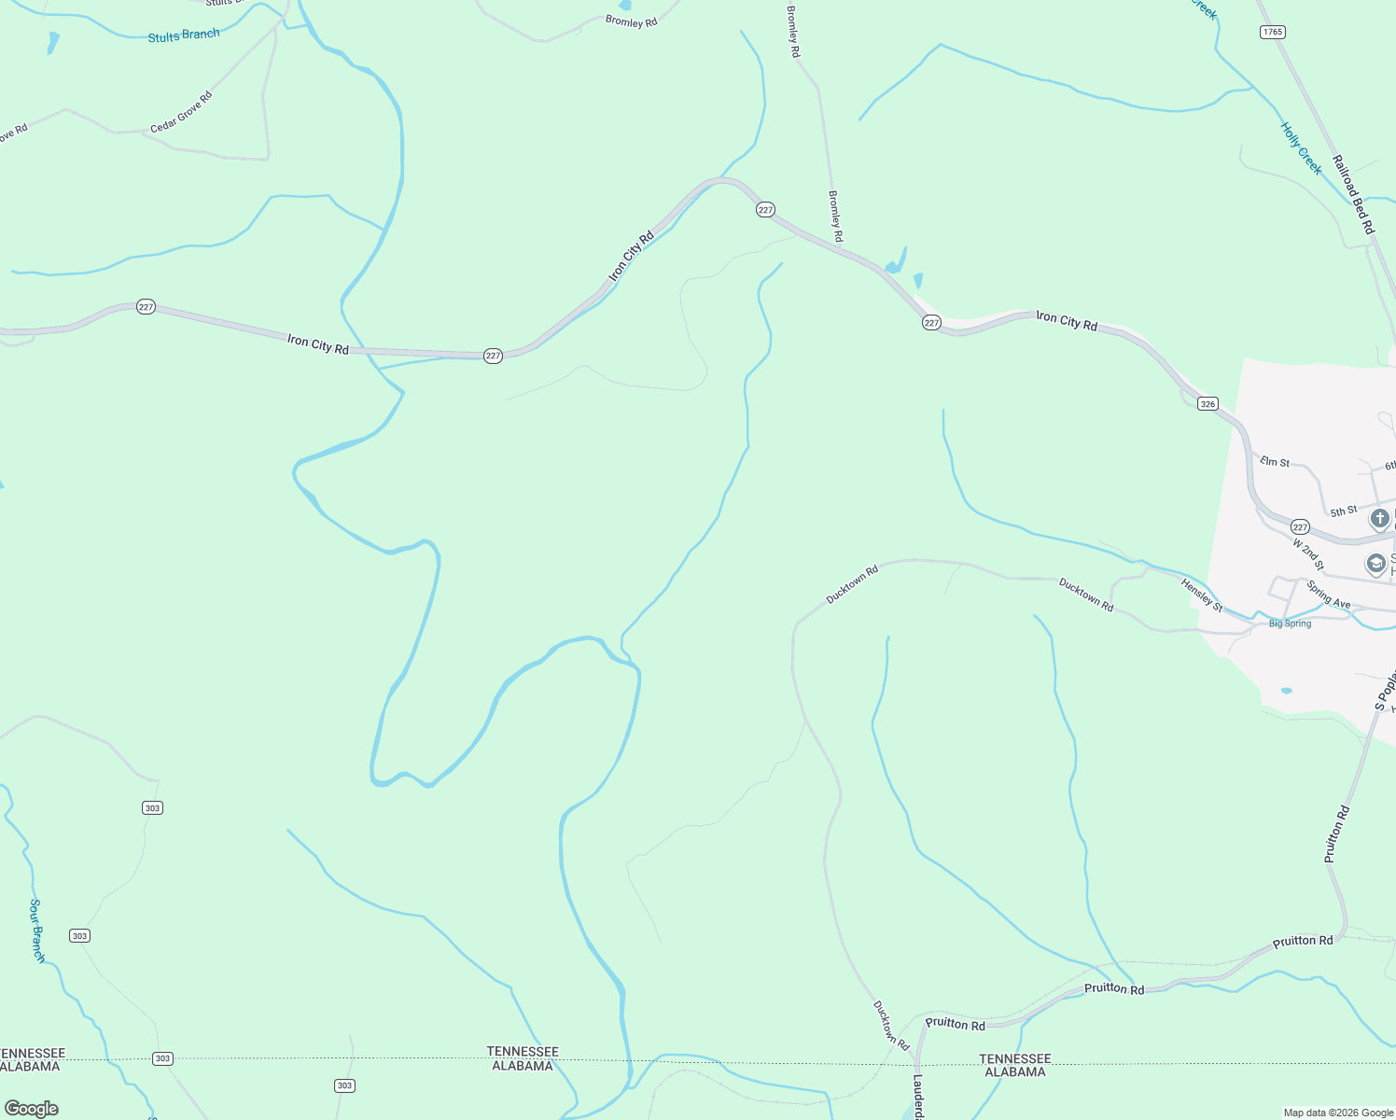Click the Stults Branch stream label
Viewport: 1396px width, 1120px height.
[x=184, y=35]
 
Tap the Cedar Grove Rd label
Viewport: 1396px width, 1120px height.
[x=181, y=112]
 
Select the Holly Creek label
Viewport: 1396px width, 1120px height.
[x=1301, y=148]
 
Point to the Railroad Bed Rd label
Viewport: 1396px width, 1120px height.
[x=1353, y=194]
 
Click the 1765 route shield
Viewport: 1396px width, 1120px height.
[x=1272, y=32]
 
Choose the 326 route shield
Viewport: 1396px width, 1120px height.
[x=1208, y=404]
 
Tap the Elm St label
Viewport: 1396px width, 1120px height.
[x=1275, y=462]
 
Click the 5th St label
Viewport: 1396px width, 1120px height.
[x=1344, y=511]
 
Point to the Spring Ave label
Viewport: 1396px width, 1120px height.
[x=1328, y=595]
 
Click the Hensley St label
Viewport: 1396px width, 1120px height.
[x=1201, y=595]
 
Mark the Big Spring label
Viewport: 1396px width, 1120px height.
[x=1290, y=623]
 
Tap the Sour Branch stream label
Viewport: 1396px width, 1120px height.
[x=37, y=930]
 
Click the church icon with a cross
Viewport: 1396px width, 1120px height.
[x=1379, y=518]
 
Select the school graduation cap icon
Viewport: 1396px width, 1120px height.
[x=1375, y=564]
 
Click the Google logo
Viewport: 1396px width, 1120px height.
[x=31, y=1109]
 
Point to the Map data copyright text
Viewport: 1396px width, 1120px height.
[x=1338, y=1113]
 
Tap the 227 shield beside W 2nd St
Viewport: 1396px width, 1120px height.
[x=1300, y=527]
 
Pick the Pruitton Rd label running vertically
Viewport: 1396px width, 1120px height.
[x=1336, y=833]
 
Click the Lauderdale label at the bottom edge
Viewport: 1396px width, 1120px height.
[x=918, y=1097]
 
